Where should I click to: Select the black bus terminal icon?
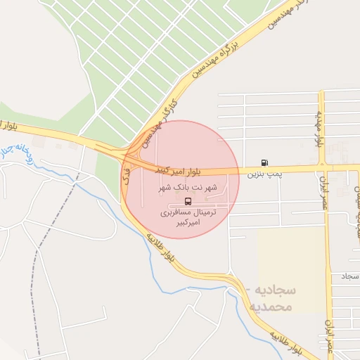point(186,201)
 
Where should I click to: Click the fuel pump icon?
point(264,162)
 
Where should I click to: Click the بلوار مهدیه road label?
point(319,127)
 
